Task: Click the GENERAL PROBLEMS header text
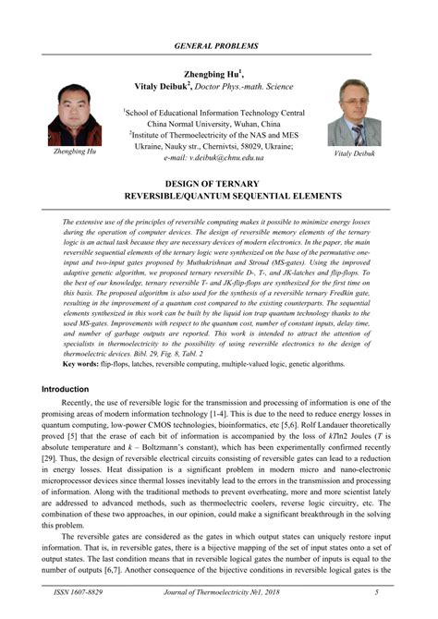point(219,45)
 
